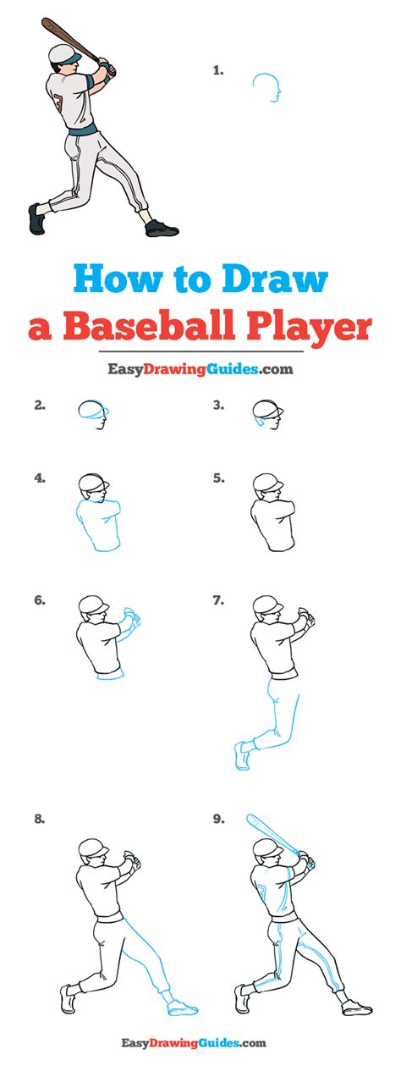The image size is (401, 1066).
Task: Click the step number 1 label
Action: coord(218,71)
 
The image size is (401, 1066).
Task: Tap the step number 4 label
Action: coord(40,478)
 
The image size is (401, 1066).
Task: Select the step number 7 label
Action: coord(218,600)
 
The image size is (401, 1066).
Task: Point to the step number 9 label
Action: coord(218,820)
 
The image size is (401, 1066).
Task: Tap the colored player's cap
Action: coord(64,53)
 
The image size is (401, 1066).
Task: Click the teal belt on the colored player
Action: coord(82,130)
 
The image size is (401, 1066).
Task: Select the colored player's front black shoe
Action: coord(162,229)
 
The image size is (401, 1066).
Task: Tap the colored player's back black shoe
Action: coord(36,218)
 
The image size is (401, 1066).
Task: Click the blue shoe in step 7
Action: coord(242,756)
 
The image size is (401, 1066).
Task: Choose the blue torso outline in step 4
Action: coord(97,524)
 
